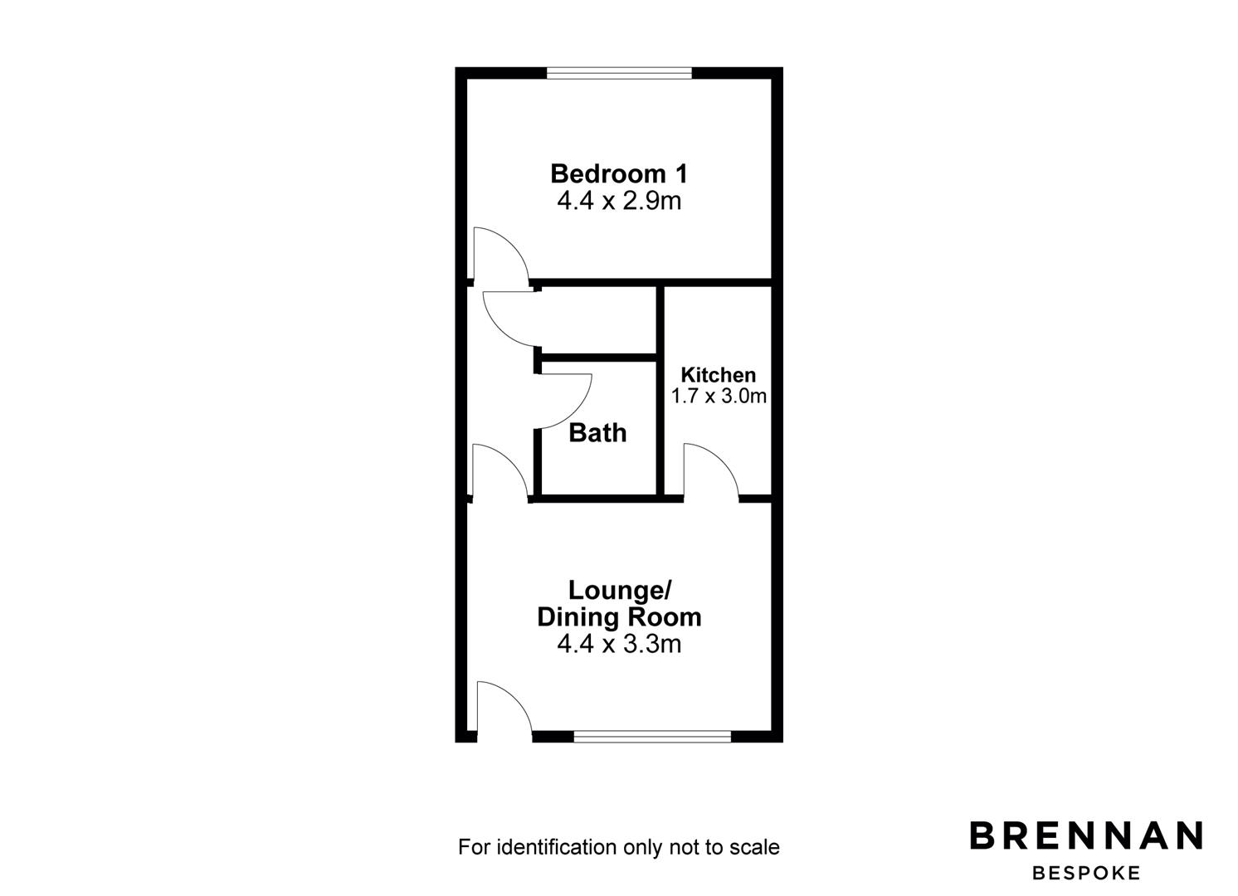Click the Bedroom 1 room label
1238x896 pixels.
[x=618, y=174]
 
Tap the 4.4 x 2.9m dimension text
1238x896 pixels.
[x=618, y=201]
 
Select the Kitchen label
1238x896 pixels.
[x=718, y=375]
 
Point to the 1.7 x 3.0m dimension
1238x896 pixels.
[x=718, y=396]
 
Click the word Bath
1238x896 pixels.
[x=597, y=432]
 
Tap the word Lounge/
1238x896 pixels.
[x=619, y=591]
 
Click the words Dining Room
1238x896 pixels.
[x=619, y=617]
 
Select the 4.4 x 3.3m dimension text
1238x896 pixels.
[x=619, y=644]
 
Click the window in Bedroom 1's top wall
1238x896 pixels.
[x=619, y=73]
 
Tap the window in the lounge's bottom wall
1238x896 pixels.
[x=652, y=736]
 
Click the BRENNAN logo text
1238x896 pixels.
[x=1086, y=835]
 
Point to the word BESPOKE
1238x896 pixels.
[x=1086, y=873]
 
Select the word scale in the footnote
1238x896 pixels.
[x=755, y=847]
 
